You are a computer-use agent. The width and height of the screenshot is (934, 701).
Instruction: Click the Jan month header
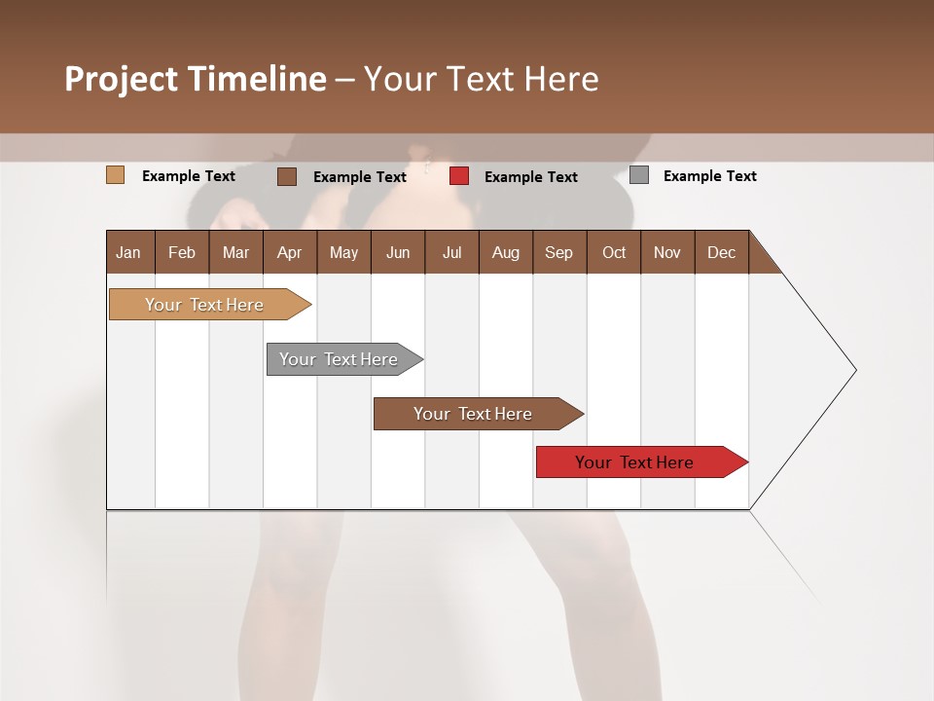(128, 252)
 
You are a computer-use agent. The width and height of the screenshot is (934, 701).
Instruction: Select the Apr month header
(289, 252)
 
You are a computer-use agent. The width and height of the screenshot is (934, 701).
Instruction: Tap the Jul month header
(451, 252)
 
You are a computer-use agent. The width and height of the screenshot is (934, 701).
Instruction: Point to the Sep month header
(558, 252)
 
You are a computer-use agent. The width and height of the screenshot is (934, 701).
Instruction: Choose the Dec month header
(721, 252)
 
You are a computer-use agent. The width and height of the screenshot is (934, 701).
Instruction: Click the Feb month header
(182, 252)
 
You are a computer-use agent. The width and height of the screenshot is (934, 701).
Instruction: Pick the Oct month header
(614, 252)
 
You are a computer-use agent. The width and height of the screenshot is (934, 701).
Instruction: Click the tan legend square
(115, 175)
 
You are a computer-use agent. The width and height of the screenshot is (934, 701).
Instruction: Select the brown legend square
(286, 176)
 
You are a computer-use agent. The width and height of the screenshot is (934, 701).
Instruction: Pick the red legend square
(459, 176)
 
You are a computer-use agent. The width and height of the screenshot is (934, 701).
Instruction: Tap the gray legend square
(639, 175)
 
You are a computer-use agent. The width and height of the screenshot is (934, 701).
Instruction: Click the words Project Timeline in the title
(195, 79)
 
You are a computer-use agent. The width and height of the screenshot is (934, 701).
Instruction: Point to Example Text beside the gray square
(709, 176)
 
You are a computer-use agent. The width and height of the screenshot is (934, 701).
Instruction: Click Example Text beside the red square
(530, 177)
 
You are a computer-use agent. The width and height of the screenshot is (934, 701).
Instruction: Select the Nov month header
(667, 252)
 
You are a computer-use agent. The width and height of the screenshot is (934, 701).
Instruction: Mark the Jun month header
(398, 252)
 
